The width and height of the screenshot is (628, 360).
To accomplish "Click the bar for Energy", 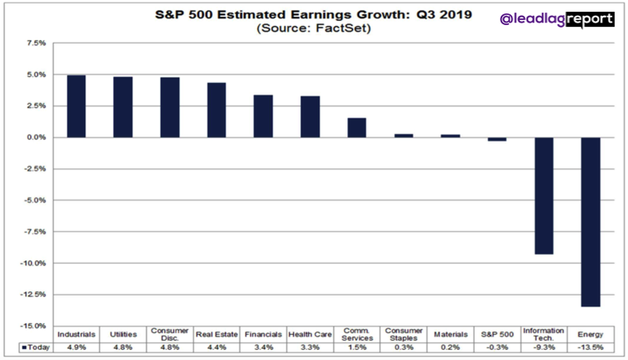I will coord(590,222).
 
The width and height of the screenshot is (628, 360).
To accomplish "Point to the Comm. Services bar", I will coord(357,127).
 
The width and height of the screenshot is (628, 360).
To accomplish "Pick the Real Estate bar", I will coord(216,110).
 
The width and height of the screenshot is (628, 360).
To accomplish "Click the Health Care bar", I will coord(310,116).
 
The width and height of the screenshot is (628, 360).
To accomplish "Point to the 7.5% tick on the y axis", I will coord(36,42).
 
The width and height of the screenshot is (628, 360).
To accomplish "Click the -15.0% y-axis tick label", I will coord(33,326).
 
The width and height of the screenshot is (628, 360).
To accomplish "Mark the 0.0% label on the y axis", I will coord(36,137).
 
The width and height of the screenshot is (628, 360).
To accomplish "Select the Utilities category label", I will coord(123,334).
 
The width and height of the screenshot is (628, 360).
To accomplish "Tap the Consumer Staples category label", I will coord(403,334).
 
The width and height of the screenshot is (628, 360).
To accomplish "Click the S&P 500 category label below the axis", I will coord(497,334).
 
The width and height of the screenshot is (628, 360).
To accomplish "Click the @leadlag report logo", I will coord(556,18).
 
